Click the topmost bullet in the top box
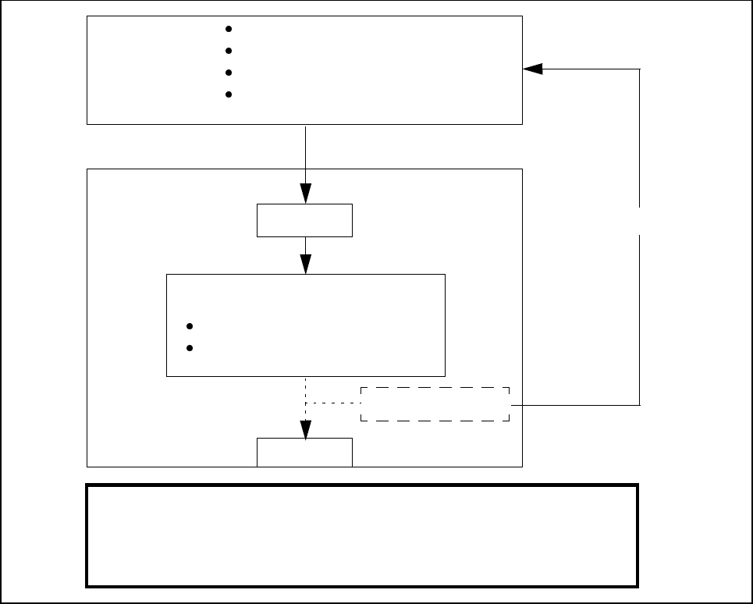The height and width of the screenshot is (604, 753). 229,29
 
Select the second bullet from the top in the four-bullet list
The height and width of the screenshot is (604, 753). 229,51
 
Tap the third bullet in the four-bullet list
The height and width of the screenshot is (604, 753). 229,73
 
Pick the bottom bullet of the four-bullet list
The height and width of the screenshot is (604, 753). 229,94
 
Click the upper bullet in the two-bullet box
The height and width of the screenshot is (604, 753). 190,326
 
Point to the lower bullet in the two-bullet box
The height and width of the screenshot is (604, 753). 190,348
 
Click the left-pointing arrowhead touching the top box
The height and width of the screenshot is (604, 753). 532,69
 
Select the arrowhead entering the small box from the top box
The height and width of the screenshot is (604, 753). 305,193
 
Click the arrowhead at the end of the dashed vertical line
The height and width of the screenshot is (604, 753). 305,429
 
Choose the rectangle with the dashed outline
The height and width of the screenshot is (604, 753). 435,404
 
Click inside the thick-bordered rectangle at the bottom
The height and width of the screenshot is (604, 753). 362,535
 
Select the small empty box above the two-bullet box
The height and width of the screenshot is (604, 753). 304,220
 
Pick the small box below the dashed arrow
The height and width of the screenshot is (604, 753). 304,453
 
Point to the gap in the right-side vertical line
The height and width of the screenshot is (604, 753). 640,220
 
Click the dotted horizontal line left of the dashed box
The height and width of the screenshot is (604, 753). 333,403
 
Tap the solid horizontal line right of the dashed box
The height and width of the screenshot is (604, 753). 574,405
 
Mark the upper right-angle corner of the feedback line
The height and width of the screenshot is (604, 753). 640,69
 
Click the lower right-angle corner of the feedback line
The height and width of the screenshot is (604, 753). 640,405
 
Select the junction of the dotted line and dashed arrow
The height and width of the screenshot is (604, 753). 305,403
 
